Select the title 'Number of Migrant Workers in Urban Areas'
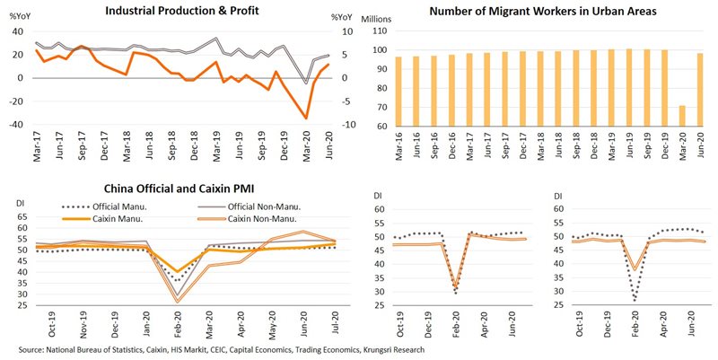pos(543,12)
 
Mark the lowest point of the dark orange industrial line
pos(307,119)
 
